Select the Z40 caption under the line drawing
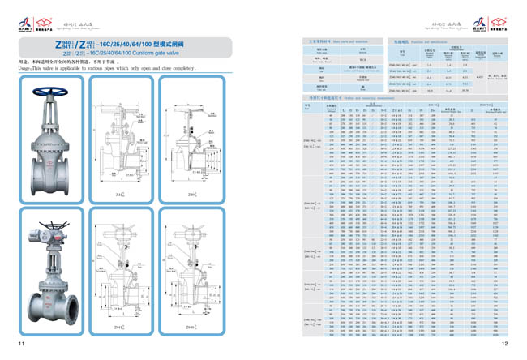[191, 195]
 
